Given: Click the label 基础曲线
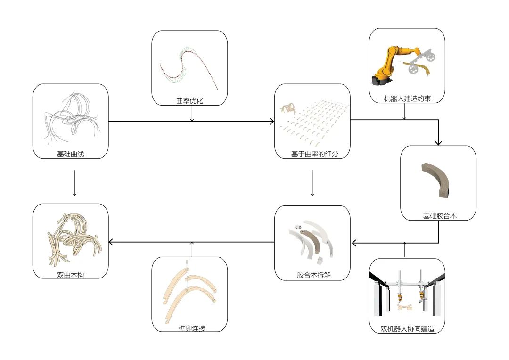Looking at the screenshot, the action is point(71,154).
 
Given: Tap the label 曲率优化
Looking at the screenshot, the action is point(189,101).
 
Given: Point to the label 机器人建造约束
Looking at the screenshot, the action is point(407,99).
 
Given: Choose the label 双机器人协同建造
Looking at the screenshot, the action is point(406,329).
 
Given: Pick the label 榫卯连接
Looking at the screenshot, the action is point(189,328).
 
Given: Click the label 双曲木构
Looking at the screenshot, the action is point(71,274).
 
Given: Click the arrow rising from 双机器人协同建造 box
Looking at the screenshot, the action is point(404,250).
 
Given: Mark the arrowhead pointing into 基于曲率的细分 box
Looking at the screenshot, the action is point(271,121).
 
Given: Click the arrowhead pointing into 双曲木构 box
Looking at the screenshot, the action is point(112,242).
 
